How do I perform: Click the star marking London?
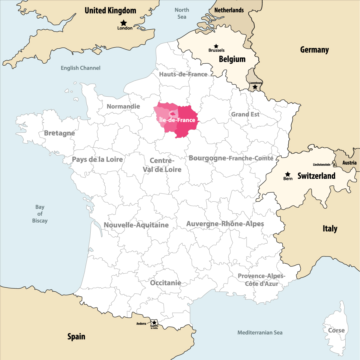(x=124, y=23)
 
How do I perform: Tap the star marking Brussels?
(x=216, y=46)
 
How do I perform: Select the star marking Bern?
(x=288, y=174)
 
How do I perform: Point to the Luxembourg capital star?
(x=255, y=87)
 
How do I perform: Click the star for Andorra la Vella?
(x=154, y=323)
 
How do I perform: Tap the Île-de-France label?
(x=177, y=120)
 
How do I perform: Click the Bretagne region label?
(x=59, y=133)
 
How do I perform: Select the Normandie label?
(x=123, y=106)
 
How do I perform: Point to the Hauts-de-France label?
(x=183, y=74)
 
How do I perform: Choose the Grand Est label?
(x=245, y=114)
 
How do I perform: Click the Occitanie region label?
(x=166, y=283)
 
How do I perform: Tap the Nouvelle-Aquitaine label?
(x=136, y=225)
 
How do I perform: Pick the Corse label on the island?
(x=336, y=330)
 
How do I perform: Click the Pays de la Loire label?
(x=97, y=159)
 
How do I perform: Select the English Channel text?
(x=80, y=68)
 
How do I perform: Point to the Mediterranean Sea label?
(x=260, y=332)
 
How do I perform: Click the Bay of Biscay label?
(x=40, y=214)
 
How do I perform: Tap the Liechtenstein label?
(x=321, y=165)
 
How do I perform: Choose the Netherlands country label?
(x=229, y=10)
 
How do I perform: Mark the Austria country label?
(x=349, y=163)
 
